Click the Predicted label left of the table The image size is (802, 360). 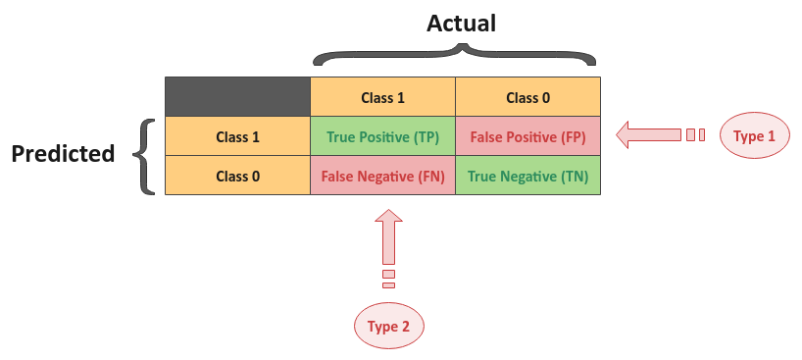pos(63,154)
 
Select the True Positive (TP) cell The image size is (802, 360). pos(382,136)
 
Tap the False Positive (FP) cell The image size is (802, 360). pos(527,136)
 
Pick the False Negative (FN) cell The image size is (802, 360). pos(382,177)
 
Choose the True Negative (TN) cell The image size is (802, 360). pos(527,177)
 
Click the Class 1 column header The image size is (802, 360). pos(382,97)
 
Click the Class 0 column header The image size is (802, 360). pos(527,97)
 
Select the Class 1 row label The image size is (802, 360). pos(237,136)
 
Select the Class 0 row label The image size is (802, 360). pos(237,177)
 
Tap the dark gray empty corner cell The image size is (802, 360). pos(237,96)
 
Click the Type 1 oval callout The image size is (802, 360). pos(754,136)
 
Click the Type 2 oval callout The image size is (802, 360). pos(388,327)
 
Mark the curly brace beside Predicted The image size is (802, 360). pos(147,155)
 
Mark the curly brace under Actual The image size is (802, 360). pos(455,55)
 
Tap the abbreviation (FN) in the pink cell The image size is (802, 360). pos(428,177)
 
